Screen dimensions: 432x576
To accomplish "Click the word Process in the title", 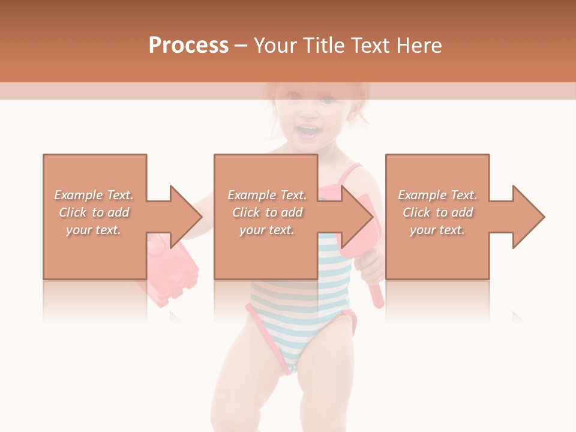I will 188,46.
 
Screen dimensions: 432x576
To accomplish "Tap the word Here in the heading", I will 419,46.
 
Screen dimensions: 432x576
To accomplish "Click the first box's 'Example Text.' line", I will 94,195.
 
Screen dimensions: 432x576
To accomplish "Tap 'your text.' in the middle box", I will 267,230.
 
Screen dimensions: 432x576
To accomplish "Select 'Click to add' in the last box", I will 437,212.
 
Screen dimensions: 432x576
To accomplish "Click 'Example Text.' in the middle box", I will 267,195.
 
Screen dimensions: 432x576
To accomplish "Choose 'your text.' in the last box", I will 437,230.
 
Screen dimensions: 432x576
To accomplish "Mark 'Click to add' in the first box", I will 94,212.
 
